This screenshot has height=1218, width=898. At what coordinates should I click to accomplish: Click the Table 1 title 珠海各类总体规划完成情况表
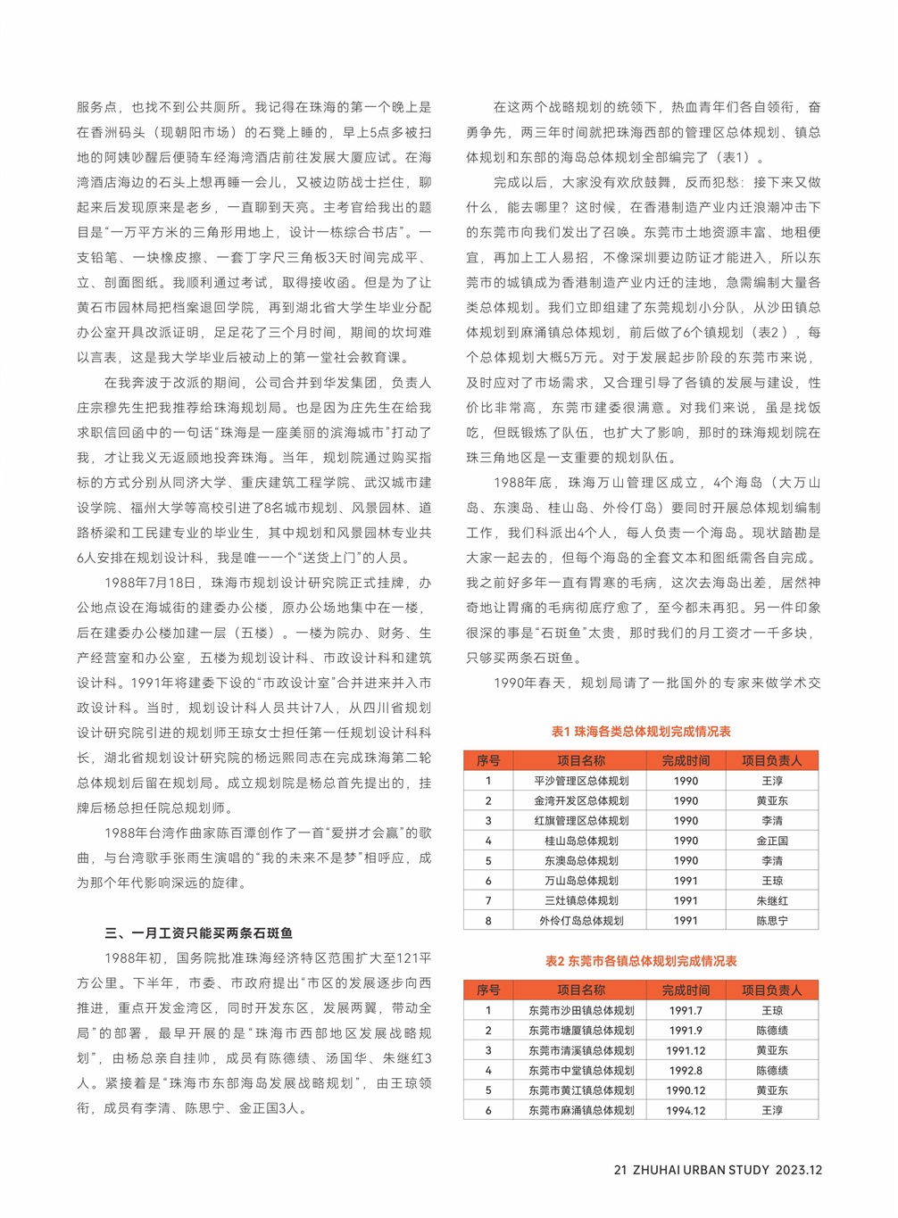pos(641,732)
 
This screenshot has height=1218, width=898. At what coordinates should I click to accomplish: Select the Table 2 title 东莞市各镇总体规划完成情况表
pos(641,961)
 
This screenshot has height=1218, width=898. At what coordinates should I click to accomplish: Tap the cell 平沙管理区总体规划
pos(581,781)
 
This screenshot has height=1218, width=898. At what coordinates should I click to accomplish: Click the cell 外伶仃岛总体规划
pos(581,921)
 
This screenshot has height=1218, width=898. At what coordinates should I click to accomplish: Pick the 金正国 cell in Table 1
pos(771,841)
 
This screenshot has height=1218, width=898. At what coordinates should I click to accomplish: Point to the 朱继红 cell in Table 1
pos(771,901)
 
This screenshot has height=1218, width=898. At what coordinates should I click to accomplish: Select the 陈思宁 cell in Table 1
pos(771,921)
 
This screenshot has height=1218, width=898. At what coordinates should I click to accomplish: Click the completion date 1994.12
pos(686,1111)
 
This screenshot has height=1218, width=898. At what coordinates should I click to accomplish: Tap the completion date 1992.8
pos(686,1071)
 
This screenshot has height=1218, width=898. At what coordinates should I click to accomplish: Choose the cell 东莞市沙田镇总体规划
pos(581,1011)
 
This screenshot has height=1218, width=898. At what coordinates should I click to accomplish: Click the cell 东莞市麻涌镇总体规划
pos(581,1111)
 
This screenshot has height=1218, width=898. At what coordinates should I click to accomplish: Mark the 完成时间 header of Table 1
pos(686,761)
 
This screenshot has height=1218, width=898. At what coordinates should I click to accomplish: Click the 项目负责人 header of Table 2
pos(771,990)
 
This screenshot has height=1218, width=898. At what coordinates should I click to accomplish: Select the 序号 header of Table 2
pos(488,990)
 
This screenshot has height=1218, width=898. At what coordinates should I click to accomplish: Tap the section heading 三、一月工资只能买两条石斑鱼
pos(199,933)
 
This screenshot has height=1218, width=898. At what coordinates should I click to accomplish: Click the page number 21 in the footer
pos(620,1170)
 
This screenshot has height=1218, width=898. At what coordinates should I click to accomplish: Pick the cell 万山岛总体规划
pos(581,881)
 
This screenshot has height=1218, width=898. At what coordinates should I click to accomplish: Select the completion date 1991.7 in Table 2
pos(686,1011)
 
